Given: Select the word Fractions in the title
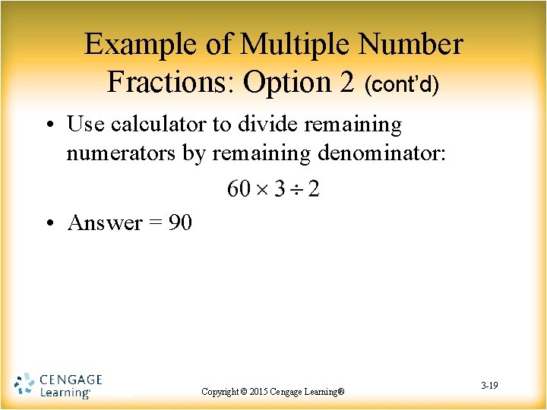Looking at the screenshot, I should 172,81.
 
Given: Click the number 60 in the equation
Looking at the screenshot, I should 239,188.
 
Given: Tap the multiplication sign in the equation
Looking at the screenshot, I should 262,188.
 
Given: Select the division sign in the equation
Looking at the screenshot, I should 295,188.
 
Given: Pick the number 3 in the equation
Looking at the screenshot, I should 278,188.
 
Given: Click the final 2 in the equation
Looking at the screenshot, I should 313,188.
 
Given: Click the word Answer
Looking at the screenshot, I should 105,222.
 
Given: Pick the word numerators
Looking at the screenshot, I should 121,154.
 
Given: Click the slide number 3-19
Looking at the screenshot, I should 489,386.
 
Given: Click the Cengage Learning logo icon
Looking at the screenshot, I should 24,385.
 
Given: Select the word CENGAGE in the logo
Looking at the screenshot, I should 71,379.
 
